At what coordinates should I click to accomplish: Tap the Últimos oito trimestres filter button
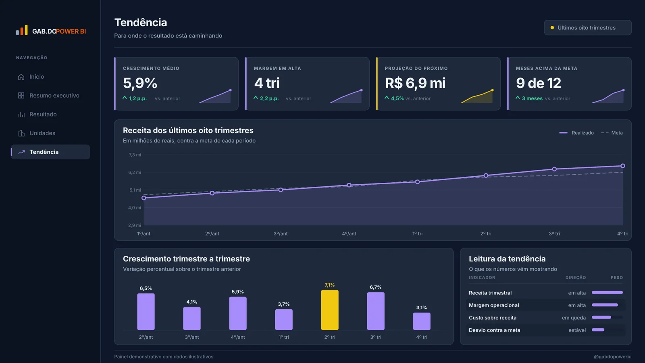point(587,28)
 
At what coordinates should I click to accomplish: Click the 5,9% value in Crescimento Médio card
point(140,83)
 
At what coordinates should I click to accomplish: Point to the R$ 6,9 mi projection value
point(415,83)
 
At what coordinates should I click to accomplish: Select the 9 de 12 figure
point(538,83)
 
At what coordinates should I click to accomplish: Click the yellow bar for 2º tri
point(330,310)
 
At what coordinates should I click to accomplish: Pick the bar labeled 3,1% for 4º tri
point(422,321)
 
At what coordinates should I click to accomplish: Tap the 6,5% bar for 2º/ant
point(146,312)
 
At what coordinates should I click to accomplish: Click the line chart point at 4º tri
point(622,166)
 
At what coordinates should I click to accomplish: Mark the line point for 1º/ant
point(144,198)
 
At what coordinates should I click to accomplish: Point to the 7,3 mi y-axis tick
point(135,155)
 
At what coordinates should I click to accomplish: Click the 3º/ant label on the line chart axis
point(281,234)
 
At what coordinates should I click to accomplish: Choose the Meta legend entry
point(612,133)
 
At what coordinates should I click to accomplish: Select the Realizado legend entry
point(576,133)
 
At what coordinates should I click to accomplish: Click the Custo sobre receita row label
point(492,317)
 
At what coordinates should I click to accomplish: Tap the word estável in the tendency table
point(577,330)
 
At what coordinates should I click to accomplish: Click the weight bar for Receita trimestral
point(607,292)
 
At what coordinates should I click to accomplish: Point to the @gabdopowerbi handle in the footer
point(612,357)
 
